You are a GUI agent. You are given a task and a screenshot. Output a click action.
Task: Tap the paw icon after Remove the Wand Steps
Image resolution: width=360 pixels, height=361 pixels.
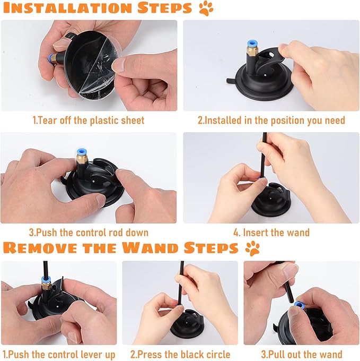coord(253,247)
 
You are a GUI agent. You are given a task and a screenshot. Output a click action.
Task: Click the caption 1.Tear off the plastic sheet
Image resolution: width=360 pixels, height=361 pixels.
coord(89,121)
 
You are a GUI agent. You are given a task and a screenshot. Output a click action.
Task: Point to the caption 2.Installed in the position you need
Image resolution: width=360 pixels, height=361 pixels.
coord(271,121)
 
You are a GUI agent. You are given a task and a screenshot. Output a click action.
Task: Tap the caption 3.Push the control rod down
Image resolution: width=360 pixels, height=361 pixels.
coord(89,233)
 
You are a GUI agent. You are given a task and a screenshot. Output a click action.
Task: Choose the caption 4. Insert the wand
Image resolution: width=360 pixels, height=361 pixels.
coord(271,233)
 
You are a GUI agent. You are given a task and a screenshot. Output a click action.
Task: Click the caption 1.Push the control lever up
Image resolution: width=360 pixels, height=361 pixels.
coord(59,354)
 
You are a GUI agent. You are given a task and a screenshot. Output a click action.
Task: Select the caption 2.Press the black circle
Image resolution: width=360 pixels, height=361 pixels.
coord(180,354)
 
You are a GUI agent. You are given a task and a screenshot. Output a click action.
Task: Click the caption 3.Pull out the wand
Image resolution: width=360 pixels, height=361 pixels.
coord(301,354)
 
